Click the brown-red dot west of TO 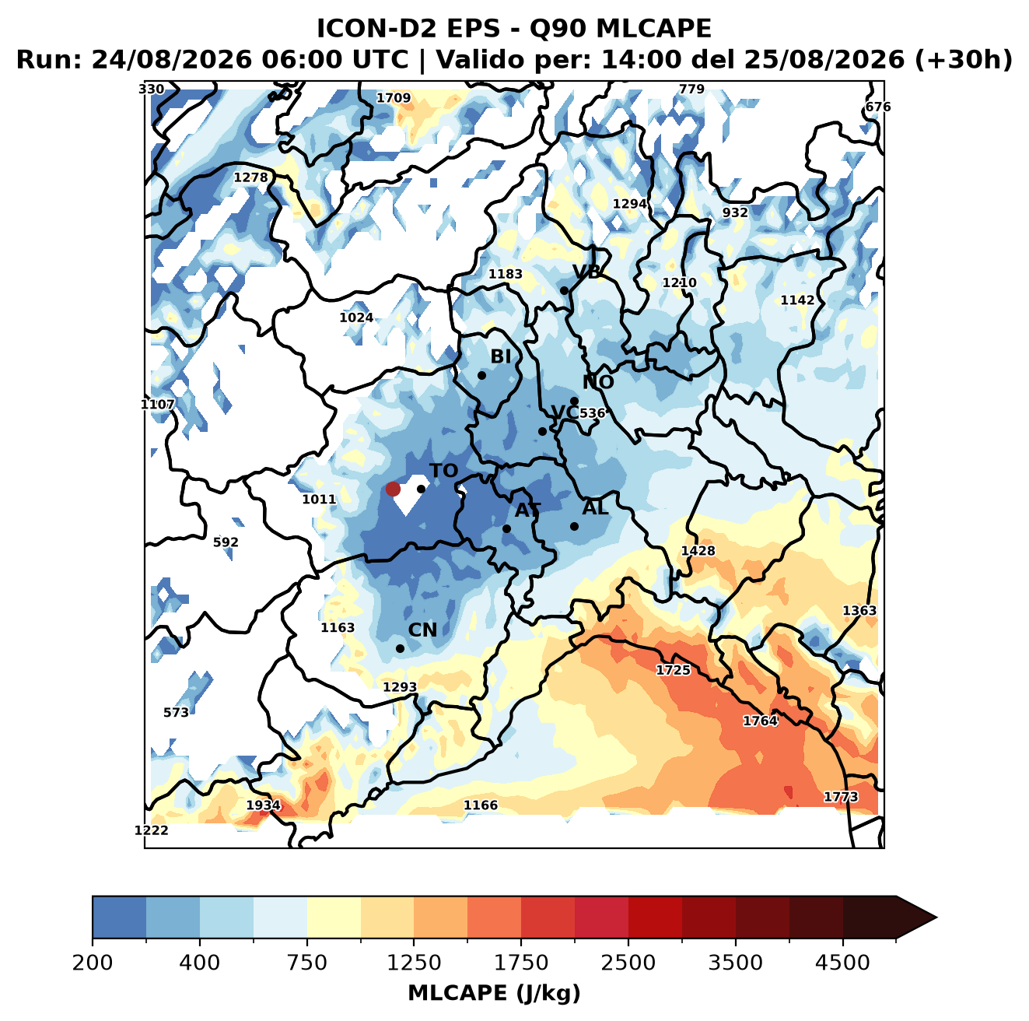point(393,489)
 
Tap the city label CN point(422,630)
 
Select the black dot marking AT point(506,529)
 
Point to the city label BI point(501,356)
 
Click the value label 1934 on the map point(263,805)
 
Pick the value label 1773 point(841,797)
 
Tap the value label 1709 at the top point(394,98)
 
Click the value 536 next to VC point(592,413)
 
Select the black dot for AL point(574,526)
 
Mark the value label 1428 point(698,551)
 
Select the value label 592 point(226,542)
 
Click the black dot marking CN point(400,648)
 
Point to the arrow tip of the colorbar point(936,918)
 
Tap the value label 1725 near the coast point(674,670)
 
